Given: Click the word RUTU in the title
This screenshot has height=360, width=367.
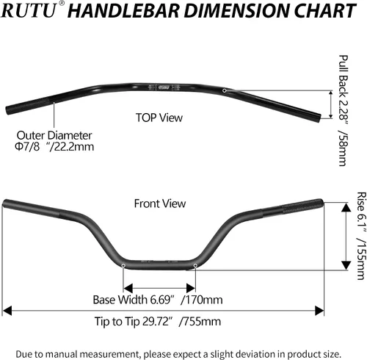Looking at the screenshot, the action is click(x=29, y=11).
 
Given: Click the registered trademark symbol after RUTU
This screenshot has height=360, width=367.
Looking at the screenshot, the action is click(x=62, y=4).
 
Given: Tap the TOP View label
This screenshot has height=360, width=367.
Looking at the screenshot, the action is click(x=159, y=118).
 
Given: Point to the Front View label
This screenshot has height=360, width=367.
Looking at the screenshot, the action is click(x=160, y=204).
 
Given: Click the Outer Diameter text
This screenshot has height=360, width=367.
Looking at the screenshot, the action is click(x=54, y=135).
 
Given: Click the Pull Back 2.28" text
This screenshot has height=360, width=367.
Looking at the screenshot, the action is click(x=344, y=87).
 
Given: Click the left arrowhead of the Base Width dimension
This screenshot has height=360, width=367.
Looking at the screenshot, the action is click(x=128, y=288).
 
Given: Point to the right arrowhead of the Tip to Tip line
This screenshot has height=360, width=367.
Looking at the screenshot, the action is click(x=319, y=311).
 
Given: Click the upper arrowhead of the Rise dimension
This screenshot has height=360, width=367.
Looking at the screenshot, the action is click(x=346, y=207).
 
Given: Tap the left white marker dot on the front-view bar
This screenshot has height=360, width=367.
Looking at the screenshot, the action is click(x=123, y=265).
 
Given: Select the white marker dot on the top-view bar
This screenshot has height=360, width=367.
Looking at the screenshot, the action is click(x=225, y=90).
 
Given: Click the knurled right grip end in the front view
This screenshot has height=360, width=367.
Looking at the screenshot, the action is click(x=302, y=206).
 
